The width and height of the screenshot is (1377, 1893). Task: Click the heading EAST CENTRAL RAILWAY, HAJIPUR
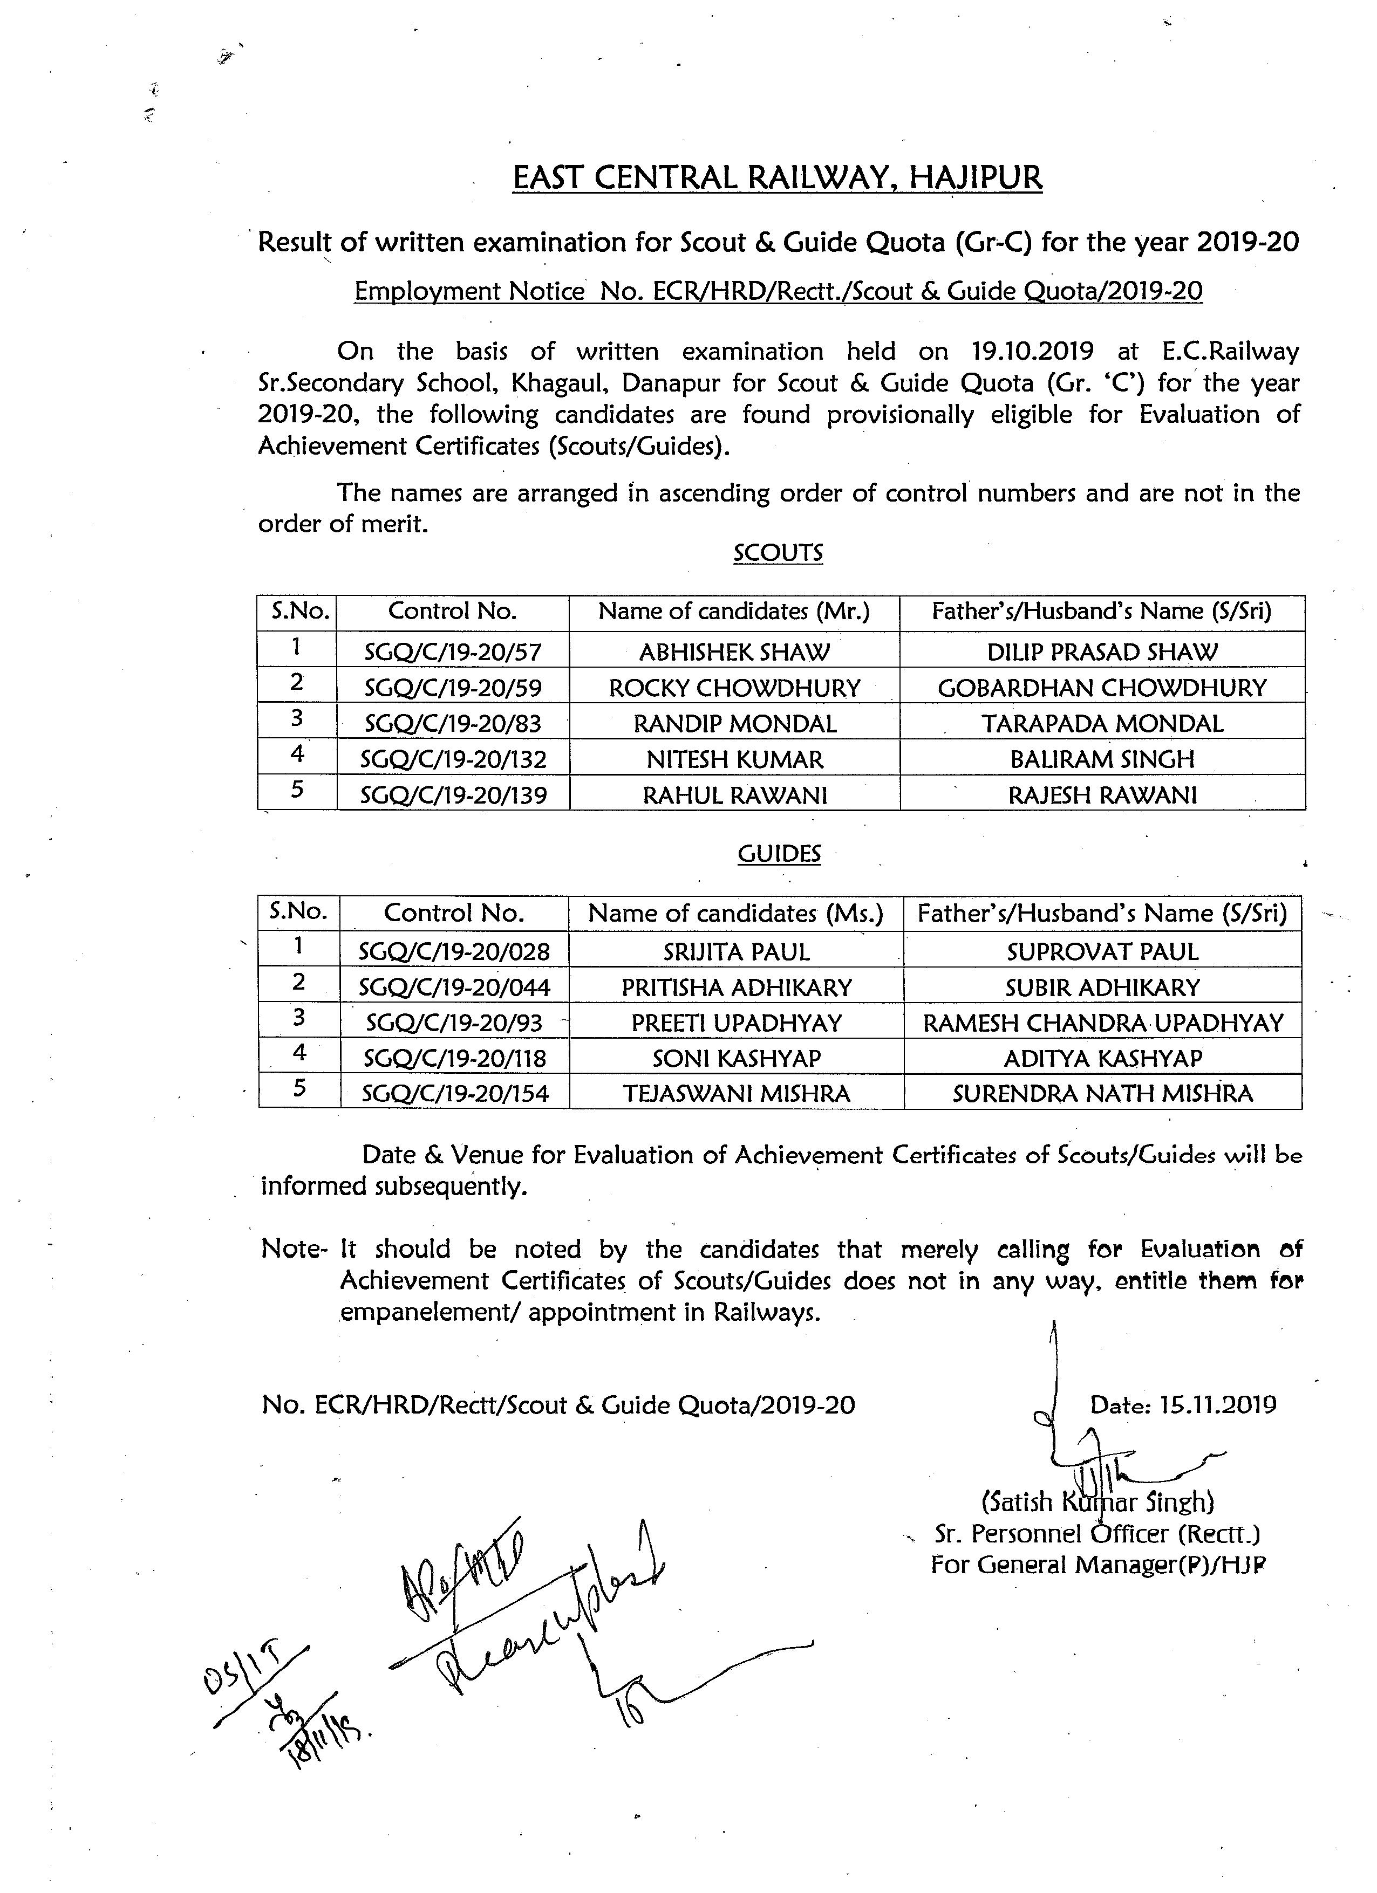[x=776, y=178]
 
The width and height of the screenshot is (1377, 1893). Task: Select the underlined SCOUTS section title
[x=778, y=553]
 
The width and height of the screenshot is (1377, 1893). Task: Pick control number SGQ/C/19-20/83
[x=453, y=724]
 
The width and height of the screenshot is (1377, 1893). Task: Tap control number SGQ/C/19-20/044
[x=454, y=987]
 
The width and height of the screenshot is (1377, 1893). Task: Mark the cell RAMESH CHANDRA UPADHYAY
[x=1102, y=1023]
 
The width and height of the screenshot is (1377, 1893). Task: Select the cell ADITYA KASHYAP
[x=1102, y=1058]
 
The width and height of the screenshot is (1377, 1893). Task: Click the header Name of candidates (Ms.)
[x=735, y=913]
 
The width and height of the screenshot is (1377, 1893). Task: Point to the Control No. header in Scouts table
[x=453, y=611]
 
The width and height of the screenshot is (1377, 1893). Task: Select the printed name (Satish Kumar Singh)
[x=1097, y=1501]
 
